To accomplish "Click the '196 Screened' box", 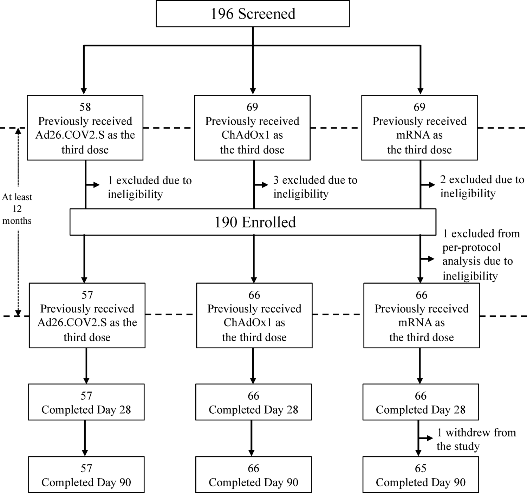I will pos(253,14).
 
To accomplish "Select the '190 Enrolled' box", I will pos(253,222).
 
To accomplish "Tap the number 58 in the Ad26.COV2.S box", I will pos(85,107).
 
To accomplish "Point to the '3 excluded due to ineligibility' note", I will pos(315,187).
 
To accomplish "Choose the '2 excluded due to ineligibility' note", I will pos(482,186).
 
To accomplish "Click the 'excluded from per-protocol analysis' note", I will pos(481,255).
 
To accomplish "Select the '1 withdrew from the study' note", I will pos(476,439).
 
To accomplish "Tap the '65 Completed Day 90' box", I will pos(420,475).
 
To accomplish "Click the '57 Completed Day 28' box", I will pos(86,402).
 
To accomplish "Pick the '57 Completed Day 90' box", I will pos(86,475).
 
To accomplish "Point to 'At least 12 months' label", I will pos(17,209).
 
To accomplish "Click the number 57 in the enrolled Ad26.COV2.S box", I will pos(87,295).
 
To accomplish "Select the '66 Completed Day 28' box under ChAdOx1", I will pos(253,402).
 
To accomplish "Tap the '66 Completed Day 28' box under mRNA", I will pos(420,402).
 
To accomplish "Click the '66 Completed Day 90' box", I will pos(253,475).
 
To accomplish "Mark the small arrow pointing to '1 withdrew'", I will pos(426,438).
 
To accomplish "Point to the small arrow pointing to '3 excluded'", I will pos(262,185).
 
